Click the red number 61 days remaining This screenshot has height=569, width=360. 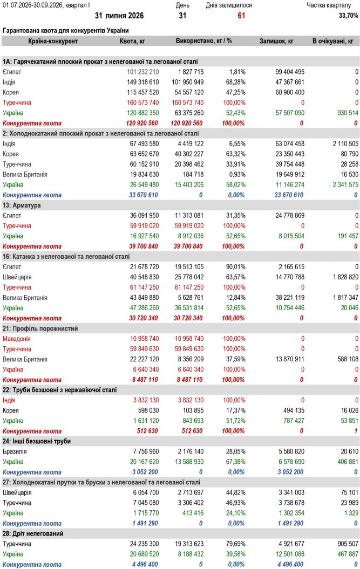click(x=241, y=16)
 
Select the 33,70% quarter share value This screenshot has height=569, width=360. click(x=348, y=16)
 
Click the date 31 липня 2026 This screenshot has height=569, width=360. click(x=119, y=16)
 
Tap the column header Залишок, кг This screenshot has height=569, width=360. click(x=276, y=41)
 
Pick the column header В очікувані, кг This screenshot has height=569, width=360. click(x=333, y=41)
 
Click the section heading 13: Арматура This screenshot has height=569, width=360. click(x=22, y=205)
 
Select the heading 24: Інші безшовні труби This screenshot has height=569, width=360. click(x=37, y=441)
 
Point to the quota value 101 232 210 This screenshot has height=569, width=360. click(x=143, y=72)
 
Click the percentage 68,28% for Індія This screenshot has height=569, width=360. click(x=235, y=82)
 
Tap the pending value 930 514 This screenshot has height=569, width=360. click(x=348, y=113)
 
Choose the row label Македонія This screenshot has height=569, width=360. click(x=16, y=339)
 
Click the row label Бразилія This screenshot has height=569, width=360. click(x=15, y=452)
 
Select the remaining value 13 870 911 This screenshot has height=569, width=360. click(x=290, y=359)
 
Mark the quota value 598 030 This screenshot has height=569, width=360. click(x=148, y=410)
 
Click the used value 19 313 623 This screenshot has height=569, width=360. click(x=189, y=544)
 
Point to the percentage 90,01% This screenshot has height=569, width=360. click(x=235, y=267)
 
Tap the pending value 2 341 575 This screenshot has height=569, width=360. click(x=345, y=184)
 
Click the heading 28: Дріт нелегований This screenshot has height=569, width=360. click(x=33, y=534)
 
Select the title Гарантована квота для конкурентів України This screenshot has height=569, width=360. click(x=66, y=31)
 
